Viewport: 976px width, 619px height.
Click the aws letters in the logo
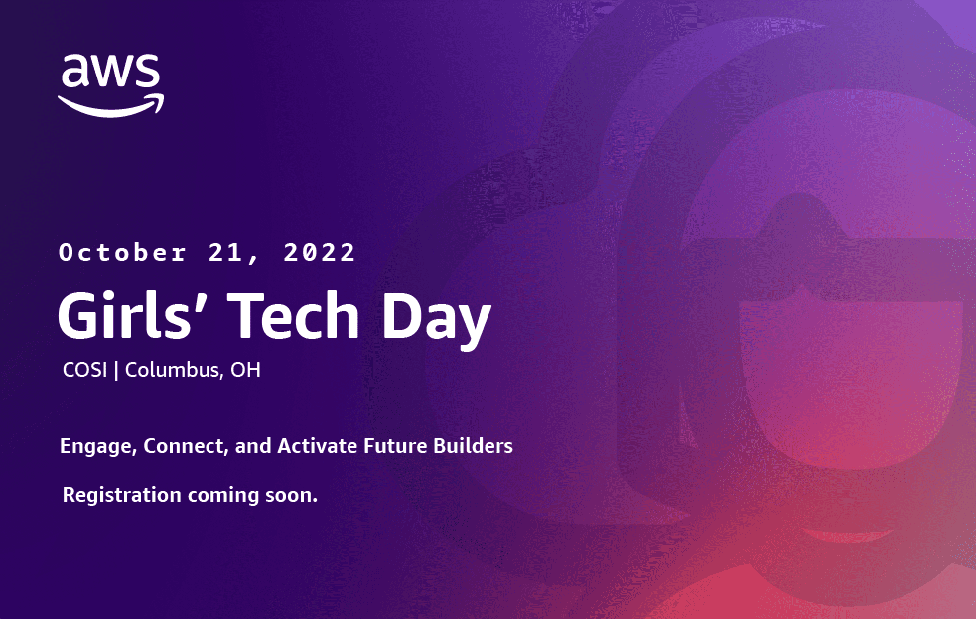pos(111,71)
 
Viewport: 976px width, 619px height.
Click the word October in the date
pos(123,253)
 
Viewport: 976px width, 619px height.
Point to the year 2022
pos(319,253)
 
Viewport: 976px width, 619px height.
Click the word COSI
pos(85,370)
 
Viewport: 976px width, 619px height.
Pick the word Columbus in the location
pos(171,370)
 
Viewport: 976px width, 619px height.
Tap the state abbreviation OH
pos(245,370)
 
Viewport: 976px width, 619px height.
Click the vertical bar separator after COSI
pos(116,371)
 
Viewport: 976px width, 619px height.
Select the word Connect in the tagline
pos(185,446)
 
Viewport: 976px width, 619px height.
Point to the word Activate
pos(317,446)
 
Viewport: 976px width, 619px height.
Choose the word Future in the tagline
pos(395,446)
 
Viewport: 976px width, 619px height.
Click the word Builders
pos(473,446)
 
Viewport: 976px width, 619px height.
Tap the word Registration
pos(122,495)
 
